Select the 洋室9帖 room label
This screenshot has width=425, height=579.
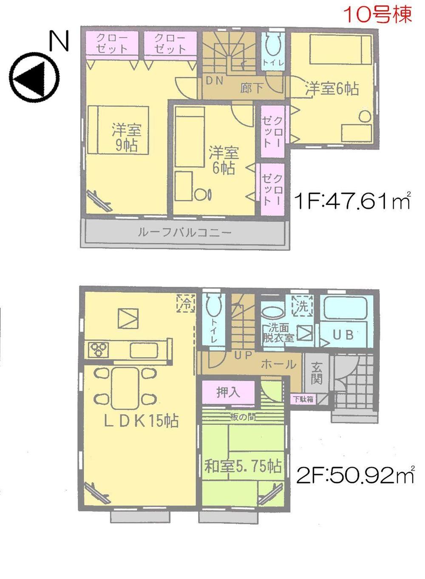[x=126, y=137]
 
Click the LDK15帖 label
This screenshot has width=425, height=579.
[x=142, y=421]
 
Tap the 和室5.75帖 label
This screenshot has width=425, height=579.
[x=243, y=466]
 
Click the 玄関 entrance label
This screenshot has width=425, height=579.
[x=316, y=373]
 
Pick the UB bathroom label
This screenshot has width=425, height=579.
[x=343, y=335]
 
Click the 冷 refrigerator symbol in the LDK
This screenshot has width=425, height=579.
[x=186, y=303]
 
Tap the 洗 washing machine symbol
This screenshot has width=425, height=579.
[x=302, y=305]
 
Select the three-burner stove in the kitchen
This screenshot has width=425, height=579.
[x=99, y=350]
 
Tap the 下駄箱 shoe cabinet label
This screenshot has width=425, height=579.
[x=303, y=399]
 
